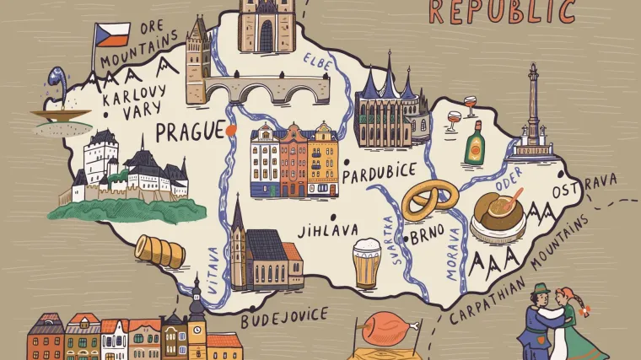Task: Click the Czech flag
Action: [x=112, y=35]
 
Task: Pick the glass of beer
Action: [x=366, y=263]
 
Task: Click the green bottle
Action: [x=476, y=142]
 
